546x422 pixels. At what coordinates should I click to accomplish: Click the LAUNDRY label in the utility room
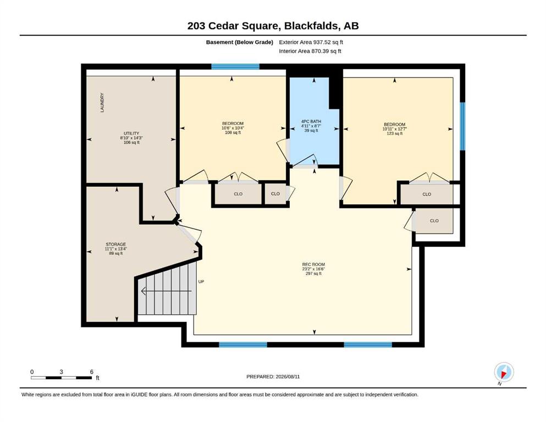[102, 102]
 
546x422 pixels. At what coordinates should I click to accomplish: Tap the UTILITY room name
[131, 133]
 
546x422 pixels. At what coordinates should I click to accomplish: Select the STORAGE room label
[116, 244]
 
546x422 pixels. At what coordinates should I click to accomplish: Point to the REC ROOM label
[313, 264]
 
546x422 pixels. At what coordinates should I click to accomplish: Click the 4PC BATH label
[311, 121]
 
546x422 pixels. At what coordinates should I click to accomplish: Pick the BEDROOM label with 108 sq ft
[233, 124]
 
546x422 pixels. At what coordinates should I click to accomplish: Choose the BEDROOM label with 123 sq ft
[395, 125]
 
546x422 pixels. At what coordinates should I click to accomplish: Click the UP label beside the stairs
[201, 281]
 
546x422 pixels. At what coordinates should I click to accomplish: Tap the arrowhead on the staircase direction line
[143, 291]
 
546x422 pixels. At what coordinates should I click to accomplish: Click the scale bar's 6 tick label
[92, 372]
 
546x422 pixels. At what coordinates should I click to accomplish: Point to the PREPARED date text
[273, 376]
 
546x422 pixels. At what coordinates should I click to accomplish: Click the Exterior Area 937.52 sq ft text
[311, 42]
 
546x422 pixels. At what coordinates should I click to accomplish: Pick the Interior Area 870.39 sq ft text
[310, 51]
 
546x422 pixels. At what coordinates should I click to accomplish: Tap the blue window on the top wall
[235, 66]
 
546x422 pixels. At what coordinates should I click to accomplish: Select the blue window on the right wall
[462, 126]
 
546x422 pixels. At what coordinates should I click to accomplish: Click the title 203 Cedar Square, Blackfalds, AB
[273, 26]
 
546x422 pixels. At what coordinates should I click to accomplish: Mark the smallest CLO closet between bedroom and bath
[275, 194]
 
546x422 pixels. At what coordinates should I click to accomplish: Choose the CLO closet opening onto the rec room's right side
[434, 220]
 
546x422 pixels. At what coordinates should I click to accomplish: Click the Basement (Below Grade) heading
[240, 42]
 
